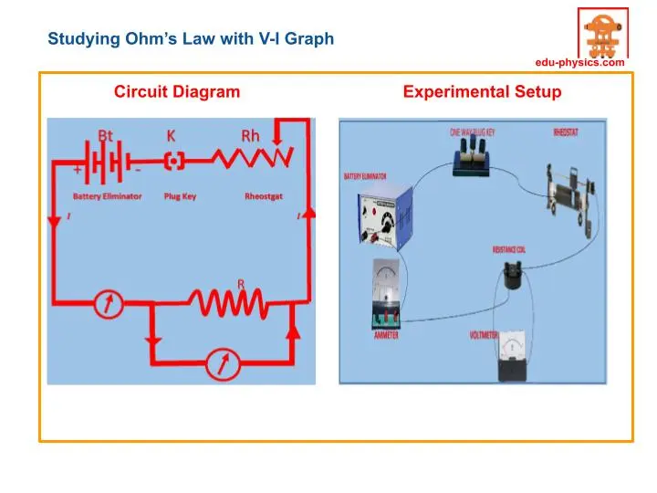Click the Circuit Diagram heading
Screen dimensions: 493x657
click(177, 91)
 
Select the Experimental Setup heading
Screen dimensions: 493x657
click(482, 91)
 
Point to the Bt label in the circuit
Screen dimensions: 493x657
click(106, 135)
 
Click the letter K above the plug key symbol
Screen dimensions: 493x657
click(171, 135)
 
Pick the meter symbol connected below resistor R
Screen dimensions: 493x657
click(219, 363)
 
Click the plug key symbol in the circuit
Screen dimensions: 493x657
click(173, 161)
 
